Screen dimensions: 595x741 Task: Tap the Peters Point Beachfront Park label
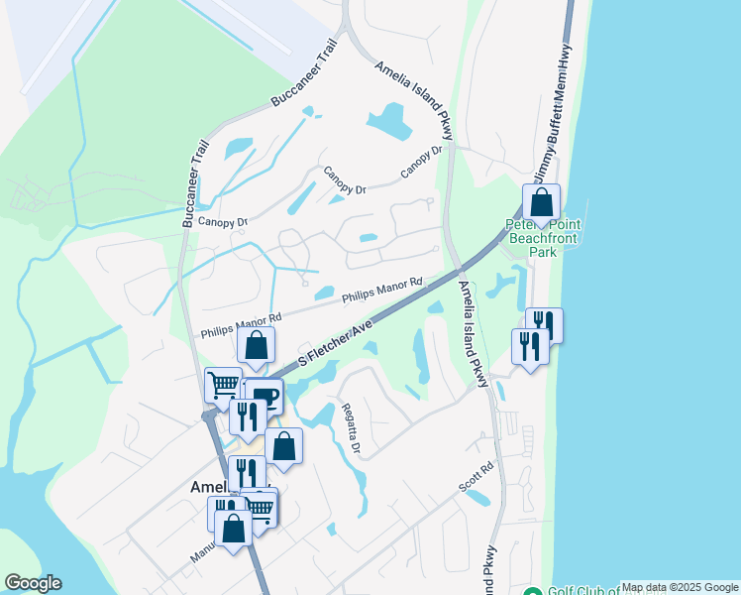pyautogui.click(x=544, y=238)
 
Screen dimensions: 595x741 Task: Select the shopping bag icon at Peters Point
pyautogui.click(x=542, y=203)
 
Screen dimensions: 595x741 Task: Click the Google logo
pyautogui.click(x=32, y=583)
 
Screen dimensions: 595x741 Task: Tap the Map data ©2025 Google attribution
pyautogui.click(x=680, y=587)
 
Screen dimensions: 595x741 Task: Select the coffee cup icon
pyautogui.click(x=265, y=398)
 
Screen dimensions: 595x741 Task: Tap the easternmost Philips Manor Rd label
pyautogui.click(x=382, y=290)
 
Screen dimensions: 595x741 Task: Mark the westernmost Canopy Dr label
pyautogui.click(x=222, y=222)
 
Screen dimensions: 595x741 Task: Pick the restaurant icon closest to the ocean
pyautogui.click(x=544, y=325)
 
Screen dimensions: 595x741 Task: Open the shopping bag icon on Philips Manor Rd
pyautogui.click(x=256, y=347)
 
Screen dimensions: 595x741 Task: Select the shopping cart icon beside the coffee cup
pyautogui.click(x=223, y=385)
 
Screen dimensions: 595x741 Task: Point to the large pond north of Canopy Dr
pyautogui.click(x=389, y=121)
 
